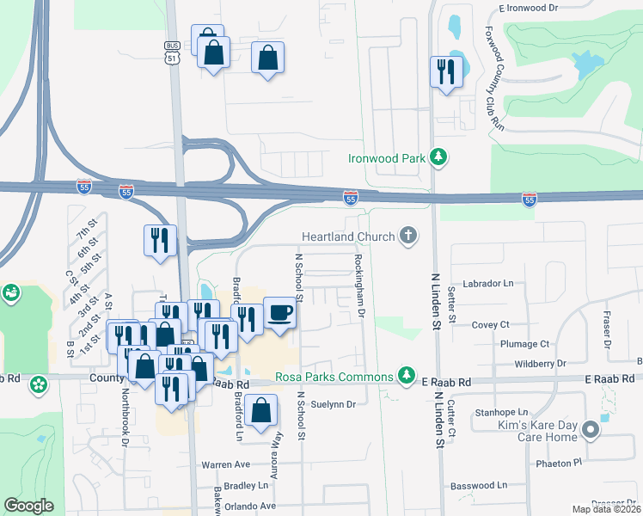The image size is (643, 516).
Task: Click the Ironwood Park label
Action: pos(387,158)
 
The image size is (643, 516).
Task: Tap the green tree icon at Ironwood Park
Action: pos(439,157)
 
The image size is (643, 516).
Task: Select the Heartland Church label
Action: pos(348,236)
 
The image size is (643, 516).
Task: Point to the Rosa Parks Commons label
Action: pos(334,376)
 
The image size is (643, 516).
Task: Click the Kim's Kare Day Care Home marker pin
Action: pos(590,430)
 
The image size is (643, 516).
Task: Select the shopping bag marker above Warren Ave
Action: pos(260,411)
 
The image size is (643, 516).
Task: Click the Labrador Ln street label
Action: pos(487,283)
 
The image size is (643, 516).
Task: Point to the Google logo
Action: pos(28,506)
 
